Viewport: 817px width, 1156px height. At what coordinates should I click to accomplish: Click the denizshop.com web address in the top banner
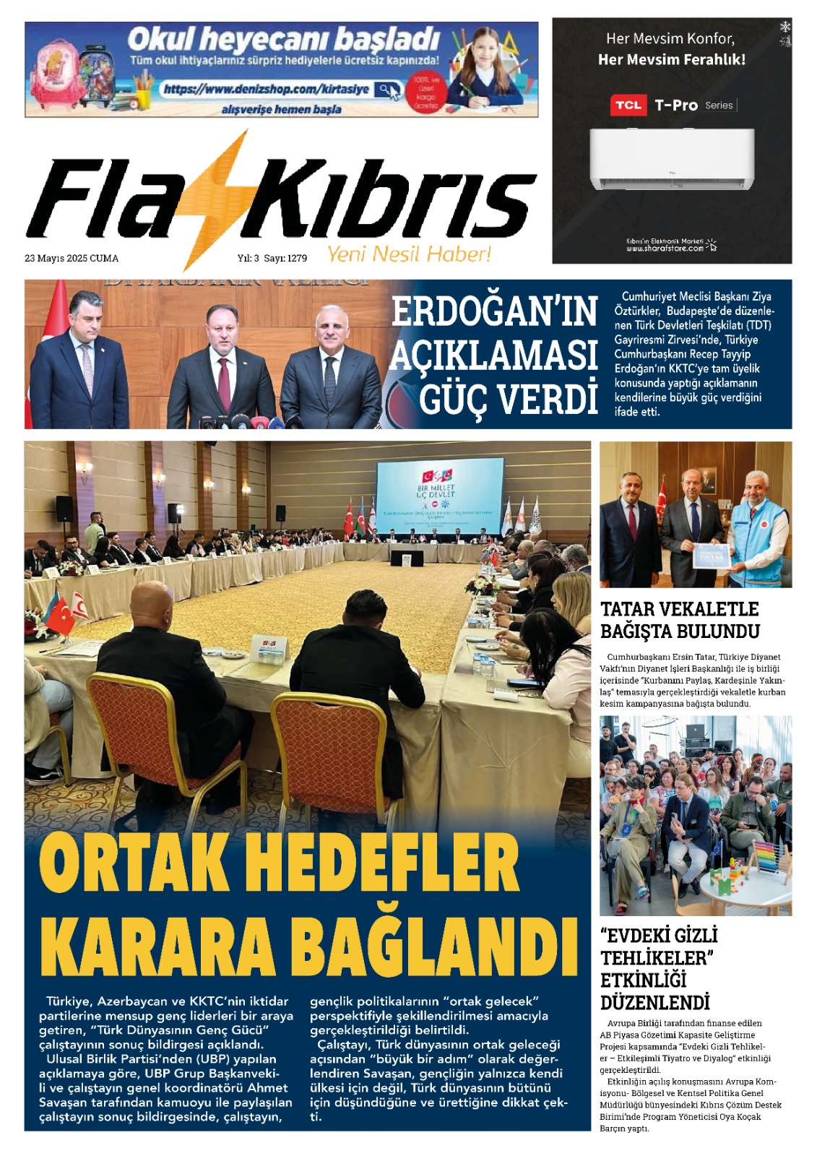(266, 90)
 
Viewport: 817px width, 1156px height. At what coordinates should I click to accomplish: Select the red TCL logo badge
(627, 105)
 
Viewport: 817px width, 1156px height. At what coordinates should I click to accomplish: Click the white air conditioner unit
(672, 159)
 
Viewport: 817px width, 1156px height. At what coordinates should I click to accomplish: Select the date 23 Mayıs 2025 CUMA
(72, 259)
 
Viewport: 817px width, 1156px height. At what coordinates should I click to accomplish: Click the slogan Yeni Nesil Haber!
(409, 254)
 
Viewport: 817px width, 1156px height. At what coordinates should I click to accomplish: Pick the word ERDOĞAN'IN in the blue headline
(494, 311)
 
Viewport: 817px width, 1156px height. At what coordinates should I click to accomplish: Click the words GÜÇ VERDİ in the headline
(509, 400)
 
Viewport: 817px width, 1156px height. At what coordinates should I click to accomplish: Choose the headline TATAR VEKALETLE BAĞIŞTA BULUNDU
(679, 620)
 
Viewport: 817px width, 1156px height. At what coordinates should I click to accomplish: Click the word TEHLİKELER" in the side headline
(657, 958)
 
